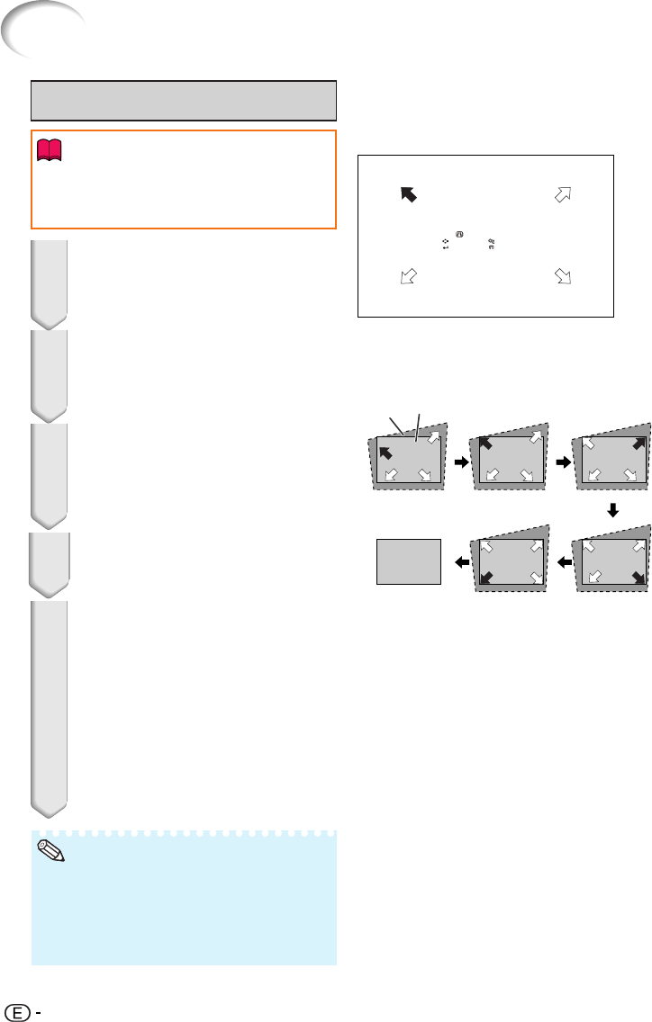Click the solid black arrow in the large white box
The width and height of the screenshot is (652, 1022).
[409, 194]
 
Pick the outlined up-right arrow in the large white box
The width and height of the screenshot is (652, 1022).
[564, 195]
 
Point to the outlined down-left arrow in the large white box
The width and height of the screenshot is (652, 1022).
[409, 276]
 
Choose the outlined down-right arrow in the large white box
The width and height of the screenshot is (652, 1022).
[565, 276]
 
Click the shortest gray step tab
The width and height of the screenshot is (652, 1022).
[49, 538]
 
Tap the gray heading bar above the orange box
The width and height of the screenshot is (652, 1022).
[184, 100]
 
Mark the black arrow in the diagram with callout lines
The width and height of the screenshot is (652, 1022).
[385, 450]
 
